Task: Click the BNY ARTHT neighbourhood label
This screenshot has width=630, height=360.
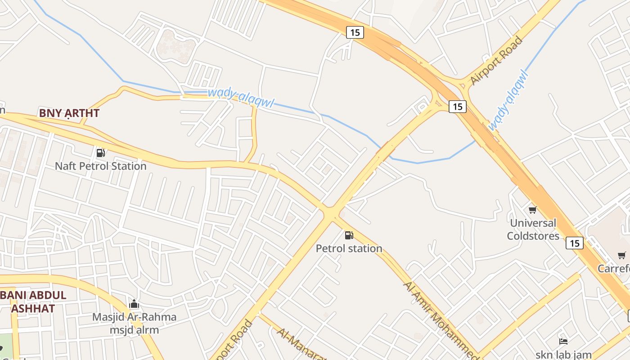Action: click(69, 113)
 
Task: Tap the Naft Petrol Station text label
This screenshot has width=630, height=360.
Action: click(101, 166)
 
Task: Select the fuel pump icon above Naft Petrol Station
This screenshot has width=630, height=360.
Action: click(101, 153)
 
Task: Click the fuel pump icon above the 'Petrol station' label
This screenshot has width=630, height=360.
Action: click(349, 235)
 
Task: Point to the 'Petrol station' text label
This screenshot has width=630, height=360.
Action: click(349, 248)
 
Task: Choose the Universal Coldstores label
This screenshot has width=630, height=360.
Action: click(533, 229)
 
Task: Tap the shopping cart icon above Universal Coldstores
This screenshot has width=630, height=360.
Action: click(533, 210)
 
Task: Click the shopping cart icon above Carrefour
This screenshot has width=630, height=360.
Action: click(622, 256)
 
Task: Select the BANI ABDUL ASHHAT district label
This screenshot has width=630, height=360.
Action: click(33, 302)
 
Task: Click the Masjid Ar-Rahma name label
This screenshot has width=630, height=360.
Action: click(134, 317)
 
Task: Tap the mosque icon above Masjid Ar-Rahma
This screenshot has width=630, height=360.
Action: click(134, 304)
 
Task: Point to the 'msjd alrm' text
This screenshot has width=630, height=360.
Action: click(134, 330)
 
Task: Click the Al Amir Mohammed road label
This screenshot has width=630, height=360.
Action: click(441, 321)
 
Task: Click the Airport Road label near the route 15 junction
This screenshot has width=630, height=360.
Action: click(496, 61)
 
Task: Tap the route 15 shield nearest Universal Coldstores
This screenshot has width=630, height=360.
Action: click(575, 243)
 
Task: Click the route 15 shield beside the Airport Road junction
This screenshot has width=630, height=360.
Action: click(458, 107)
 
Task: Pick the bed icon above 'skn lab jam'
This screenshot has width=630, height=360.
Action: click(563, 342)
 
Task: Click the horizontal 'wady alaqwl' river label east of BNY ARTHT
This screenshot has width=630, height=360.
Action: click(241, 98)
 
